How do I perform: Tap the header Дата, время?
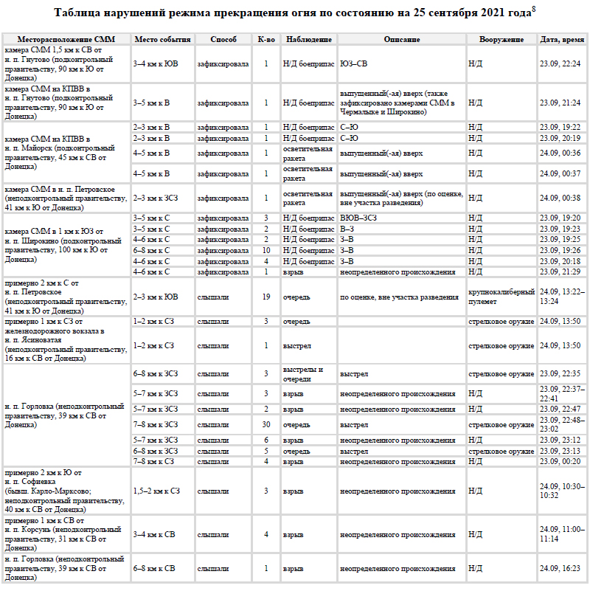click(x=562, y=39)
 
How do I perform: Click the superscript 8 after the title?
click(x=532, y=10)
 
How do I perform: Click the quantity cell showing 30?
click(x=265, y=424)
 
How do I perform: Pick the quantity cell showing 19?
click(x=265, y=297)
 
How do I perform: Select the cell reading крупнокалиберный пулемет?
click(x=501, y=297)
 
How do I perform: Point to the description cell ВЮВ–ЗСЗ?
click(x=358, y=218)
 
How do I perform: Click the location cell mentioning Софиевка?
click(x=66, y=491)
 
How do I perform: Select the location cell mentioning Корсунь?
click(x=66, y=534)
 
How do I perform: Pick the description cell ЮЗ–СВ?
click(x=353, y=64)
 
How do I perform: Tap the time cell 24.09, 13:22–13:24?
click(x=562, y=297)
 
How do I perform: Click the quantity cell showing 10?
click(x=265, y=250)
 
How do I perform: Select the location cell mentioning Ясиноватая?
click(x=66, y=340)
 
